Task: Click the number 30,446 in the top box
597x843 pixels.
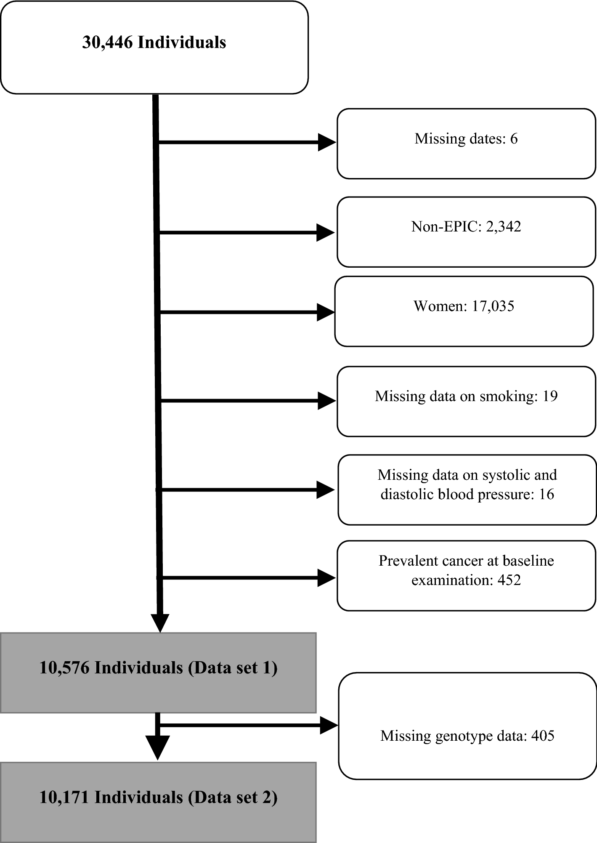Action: click(x=107, y=43)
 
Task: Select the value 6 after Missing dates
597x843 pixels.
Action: click(x=514, y=139)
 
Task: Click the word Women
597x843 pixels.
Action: click(x=440, y=306)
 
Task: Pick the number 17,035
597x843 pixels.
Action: click(x=493, y=306)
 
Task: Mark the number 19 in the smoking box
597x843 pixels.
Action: click(x=550, y=396)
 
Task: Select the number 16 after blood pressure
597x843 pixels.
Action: click(x=546, y=494)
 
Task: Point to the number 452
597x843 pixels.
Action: click(x=509, y=580)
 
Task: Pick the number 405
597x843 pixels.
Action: click(x=543, y=736)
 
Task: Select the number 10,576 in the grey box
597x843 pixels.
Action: click(x=64, y=668)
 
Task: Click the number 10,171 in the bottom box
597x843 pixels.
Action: click(x=64, y=798)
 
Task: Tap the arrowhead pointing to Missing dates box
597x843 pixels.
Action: click(x=326, y=142)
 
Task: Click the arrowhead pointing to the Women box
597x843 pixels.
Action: click(x=325, y=312)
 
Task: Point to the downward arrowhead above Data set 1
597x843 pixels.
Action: click(x=160, y=623)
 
